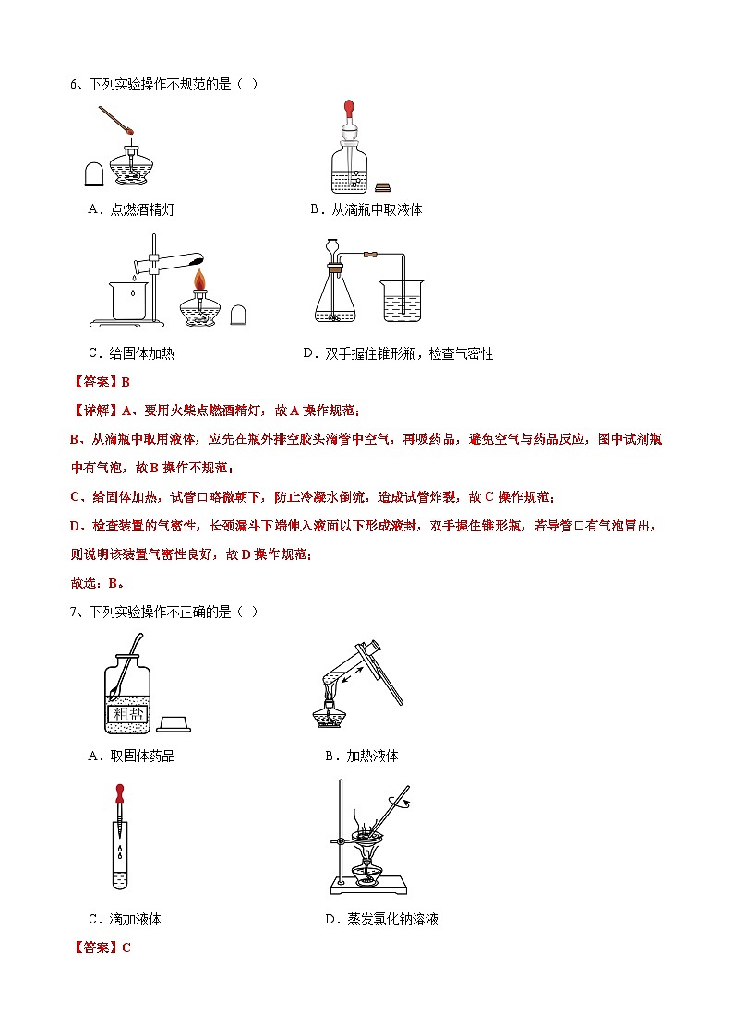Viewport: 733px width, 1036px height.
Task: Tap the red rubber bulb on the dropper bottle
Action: coord(349,111)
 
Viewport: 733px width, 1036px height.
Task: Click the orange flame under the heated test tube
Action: coord(198,278)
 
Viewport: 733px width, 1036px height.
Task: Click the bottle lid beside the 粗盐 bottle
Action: coord(174,722)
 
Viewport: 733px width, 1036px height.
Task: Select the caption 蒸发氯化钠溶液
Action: coord(392,919)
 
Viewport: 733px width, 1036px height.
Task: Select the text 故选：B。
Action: coord(98,583)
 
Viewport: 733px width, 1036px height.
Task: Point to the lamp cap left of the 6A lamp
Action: coord(93,173)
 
